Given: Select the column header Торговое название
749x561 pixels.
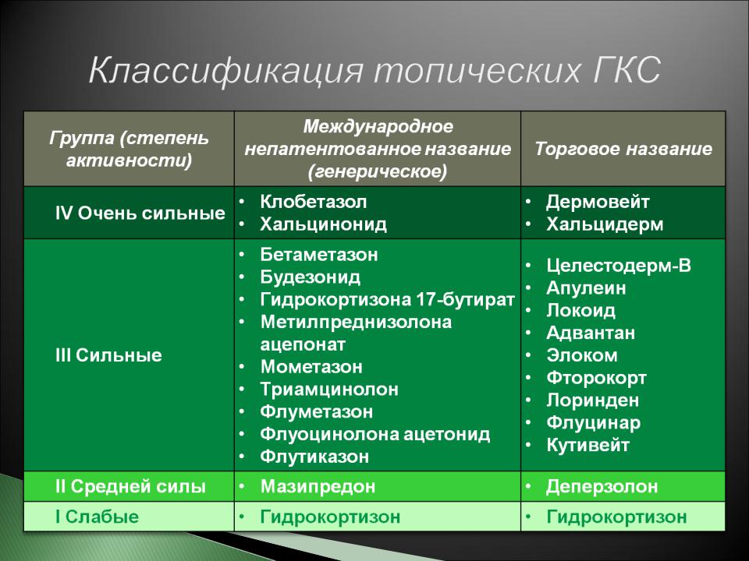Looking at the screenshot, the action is pos(623,149).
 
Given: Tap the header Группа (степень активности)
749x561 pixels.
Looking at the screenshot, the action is pos(129,149).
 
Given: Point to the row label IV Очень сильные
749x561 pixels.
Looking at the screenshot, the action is pos(140,213).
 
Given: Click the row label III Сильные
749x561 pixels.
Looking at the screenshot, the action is pos(108,355).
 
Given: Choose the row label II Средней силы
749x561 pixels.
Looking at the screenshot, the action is pos(130,486).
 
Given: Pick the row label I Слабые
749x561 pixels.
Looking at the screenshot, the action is pos(97,517).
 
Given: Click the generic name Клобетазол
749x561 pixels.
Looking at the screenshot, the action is pos(314,202).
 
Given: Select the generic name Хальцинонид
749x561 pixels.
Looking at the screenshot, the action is pos(323,224).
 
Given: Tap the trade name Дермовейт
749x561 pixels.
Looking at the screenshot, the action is pos(598,202).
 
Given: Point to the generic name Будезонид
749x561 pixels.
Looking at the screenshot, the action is pos(310,277).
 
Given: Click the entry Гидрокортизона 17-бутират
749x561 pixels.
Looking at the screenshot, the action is pos(388,299).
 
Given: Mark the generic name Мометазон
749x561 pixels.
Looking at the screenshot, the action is pos(311,367).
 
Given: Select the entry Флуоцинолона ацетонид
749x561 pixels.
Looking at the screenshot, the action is pos(375,434).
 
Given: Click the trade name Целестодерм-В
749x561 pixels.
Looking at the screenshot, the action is pos(619,266).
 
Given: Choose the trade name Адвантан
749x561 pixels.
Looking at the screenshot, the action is pos(591,333).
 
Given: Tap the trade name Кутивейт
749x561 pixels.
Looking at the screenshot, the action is pos(588,445).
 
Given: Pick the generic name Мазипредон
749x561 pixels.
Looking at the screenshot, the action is pos(318,486).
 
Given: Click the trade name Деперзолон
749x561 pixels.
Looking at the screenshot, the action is pos(602,486).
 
